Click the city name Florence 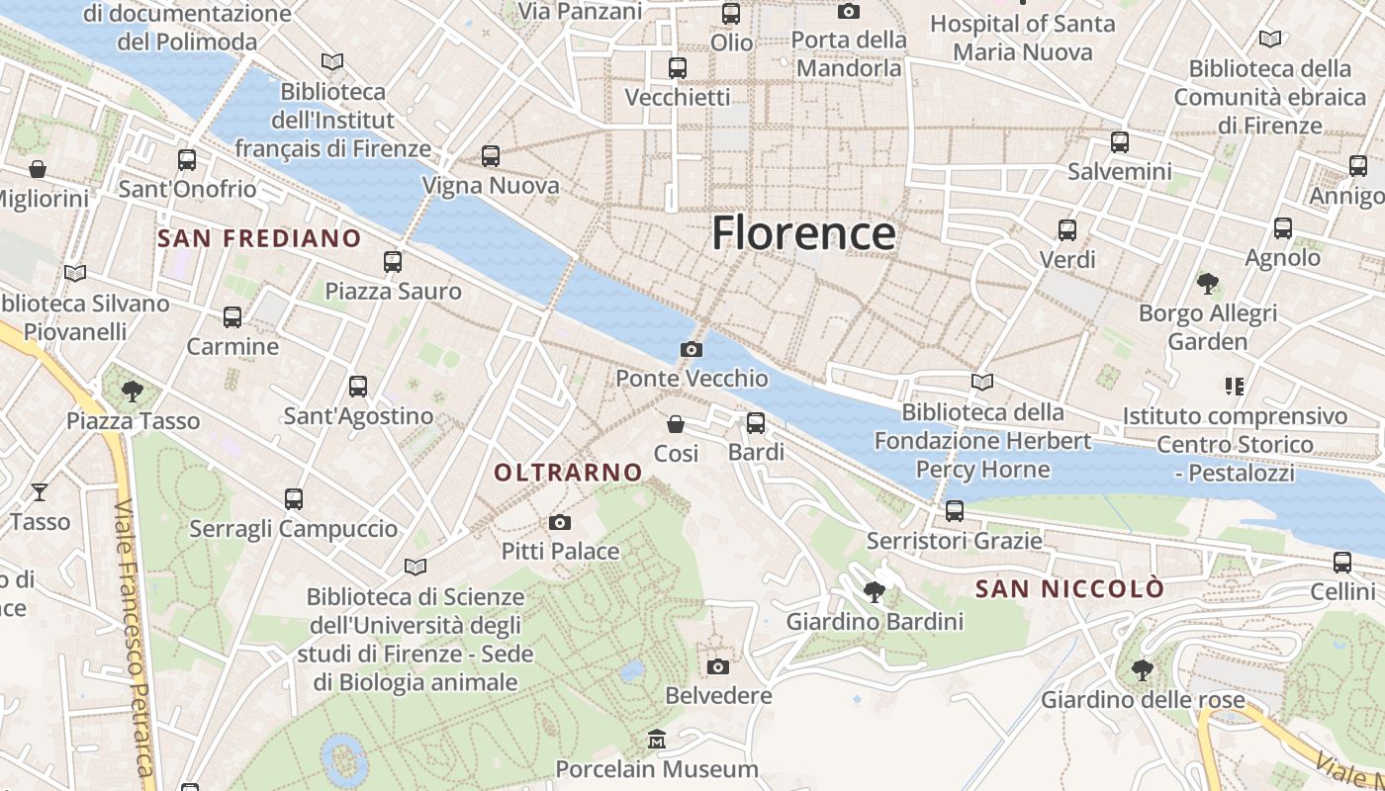(803, 233)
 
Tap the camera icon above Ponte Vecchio (692, 349)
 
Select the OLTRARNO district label (568, 473)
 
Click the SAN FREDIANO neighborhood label (259, 238)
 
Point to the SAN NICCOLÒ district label (1069, 589)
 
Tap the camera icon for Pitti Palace (560, 522)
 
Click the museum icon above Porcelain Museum (656, 740)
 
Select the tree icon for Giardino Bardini (874, 592)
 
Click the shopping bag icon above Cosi (676, 424)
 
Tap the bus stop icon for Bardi (756, 423)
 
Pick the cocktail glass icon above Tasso (40, 491)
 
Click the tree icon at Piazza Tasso (133, 392)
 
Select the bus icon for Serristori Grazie (954, 511)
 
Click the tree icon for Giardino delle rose (1142, 670)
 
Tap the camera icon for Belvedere (718, 666)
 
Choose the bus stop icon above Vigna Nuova (490, 155)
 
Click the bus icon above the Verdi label (1066, 230)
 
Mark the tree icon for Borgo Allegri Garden (1207, 284)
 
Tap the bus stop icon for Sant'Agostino (358, 387)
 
